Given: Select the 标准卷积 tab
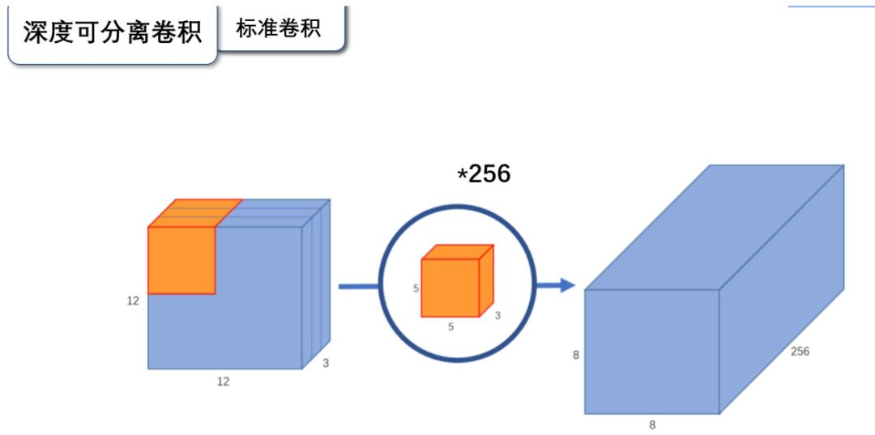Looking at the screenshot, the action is coord(279,28).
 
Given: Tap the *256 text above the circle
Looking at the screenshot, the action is coord(484,173).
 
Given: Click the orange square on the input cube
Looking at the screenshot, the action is coord(181,259).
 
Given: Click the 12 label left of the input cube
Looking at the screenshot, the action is coord(133,301).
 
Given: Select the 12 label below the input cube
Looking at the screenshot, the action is coord(223,382).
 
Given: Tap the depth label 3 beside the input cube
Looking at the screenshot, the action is coord(326,364).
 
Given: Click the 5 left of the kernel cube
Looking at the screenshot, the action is coord(416,288).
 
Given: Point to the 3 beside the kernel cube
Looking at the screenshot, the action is coord(497,315).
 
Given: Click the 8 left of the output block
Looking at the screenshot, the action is coord(576,354).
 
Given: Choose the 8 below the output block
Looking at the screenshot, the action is coord(652,424).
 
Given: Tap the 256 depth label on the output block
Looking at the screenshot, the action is coord(799,351).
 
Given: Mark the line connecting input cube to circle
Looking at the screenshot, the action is coord(357,286).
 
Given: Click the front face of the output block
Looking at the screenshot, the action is coord(652,351).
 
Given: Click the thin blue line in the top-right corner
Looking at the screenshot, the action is coord(831,6).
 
